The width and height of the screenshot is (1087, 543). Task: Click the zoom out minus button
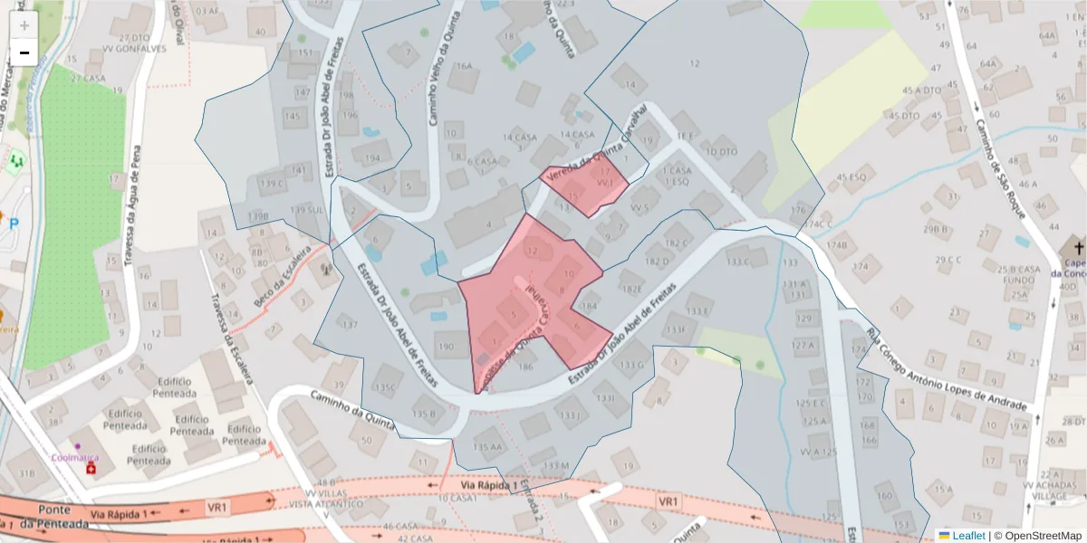click(24, 52)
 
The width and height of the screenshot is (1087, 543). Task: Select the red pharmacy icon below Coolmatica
click(89, 471)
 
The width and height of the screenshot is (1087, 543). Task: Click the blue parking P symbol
click(14, 223)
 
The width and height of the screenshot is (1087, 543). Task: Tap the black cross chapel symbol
click(1078, 247)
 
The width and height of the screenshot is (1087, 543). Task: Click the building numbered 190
click(446, 346)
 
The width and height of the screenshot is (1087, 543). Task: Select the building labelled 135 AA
click(487, 446)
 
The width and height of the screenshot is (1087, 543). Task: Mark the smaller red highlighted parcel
click(586, 184)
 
